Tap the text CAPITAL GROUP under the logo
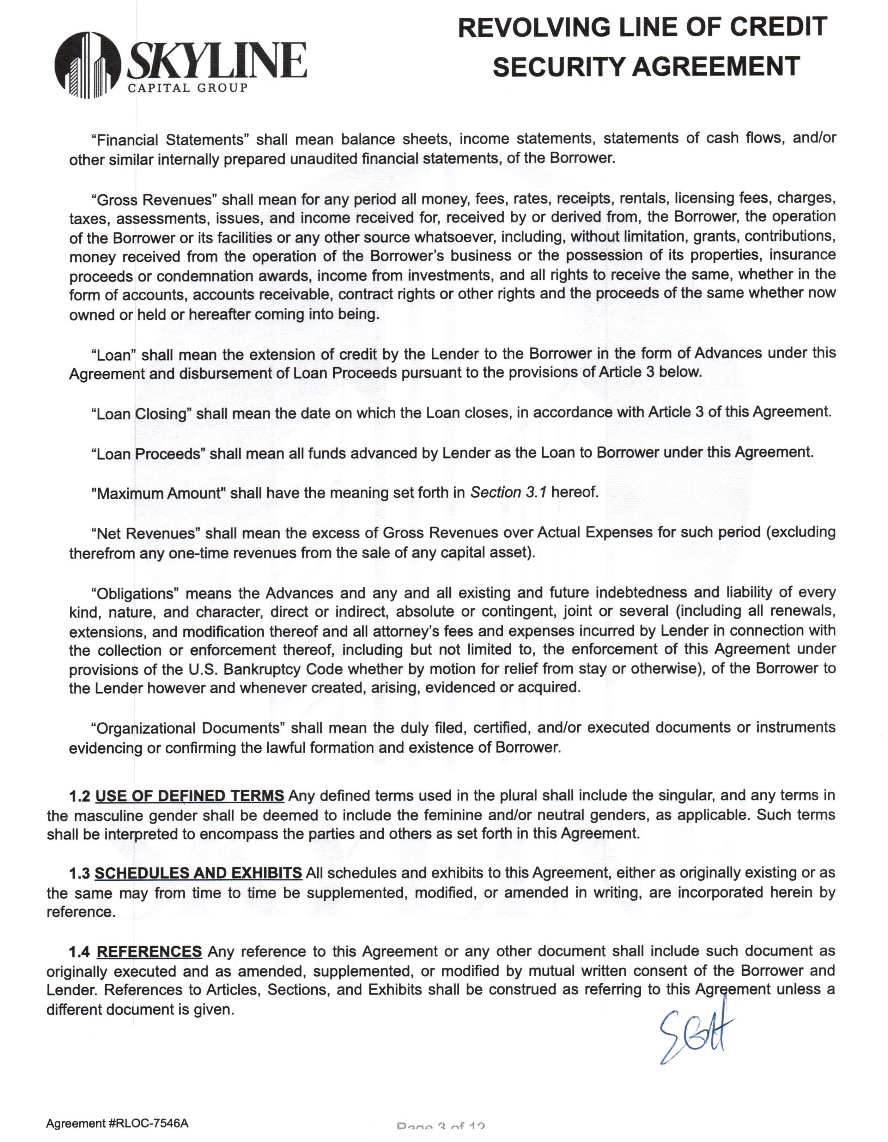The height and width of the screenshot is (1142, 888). click(188, 88)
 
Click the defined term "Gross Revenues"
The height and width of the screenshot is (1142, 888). click(154, 200)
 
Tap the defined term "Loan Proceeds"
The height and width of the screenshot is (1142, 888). click(148, 453)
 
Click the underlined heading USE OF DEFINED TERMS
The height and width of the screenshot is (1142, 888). click(189, 796)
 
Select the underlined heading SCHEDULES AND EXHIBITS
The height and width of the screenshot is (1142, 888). click(198, 873)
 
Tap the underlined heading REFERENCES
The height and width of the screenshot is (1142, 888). click(149, 951)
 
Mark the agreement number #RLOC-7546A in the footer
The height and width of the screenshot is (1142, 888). click(148, 1123)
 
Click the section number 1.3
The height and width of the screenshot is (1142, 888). click(79, 874)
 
